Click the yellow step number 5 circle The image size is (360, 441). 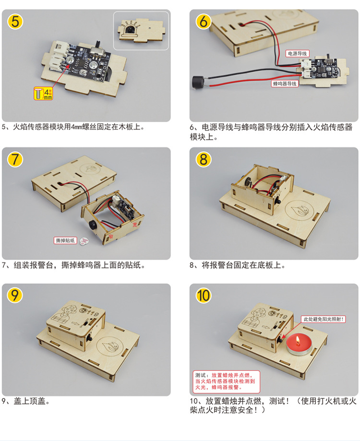click(x=15, y=22)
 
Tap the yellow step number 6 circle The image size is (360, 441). click(x=204, y=22)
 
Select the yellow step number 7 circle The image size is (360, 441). click(x=15, y=159)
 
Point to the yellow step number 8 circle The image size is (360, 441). click(x=204, y=159)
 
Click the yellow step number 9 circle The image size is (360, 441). click(x=15, y=295)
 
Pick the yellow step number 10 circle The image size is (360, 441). click(x=204, y=295)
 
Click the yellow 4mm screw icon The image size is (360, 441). click(x=43, y=94)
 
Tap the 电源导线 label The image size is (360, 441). click(x=297, y=53)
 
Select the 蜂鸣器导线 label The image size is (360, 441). click(x=285, y=83)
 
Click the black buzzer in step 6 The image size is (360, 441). click(x=197, y=83)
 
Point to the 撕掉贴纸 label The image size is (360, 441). click(x=65, y=240)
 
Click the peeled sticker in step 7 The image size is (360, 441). click(x=84, y=241)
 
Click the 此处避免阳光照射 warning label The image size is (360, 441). click(x=323, y=319)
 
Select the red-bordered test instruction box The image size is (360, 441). click(x=227, y=381)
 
